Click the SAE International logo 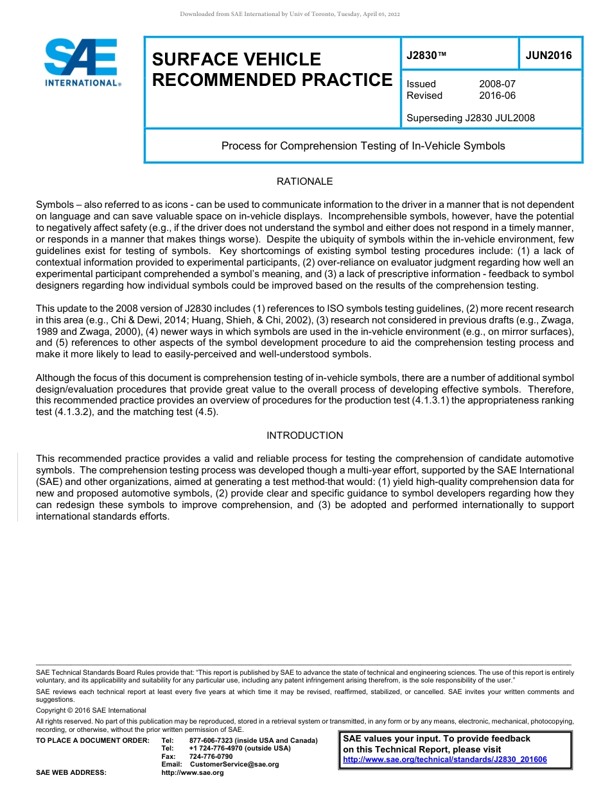[x=82, y=62]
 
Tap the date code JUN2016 [x=548, y=55]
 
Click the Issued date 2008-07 [x=497, y=84]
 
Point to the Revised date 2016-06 [x=497, y=96]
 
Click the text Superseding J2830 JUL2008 [x=471, y=118]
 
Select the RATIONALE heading [x=304, y=182]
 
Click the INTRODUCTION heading [x=304, y=436]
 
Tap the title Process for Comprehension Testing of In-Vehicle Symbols [x=363, y=146]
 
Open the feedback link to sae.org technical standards [x=444, y=759]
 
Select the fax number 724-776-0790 [x=211, y=756]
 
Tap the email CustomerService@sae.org [x=234, y=764]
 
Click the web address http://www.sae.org [x=193, y=772]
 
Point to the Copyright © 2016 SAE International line [x=91, y=710]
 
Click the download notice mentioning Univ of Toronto [x=290, y=14]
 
